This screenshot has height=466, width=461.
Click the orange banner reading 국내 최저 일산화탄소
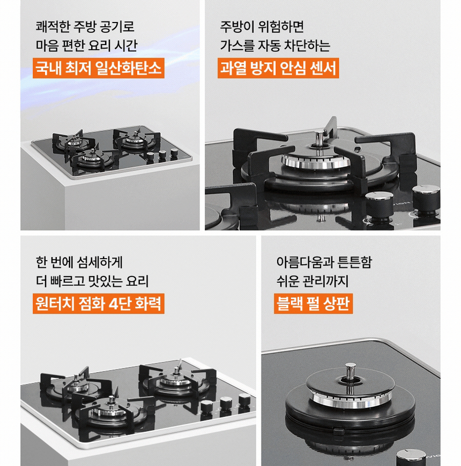click(99, 68)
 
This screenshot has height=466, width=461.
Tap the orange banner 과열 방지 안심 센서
click(278, 68)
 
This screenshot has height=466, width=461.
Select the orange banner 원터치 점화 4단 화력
click(99, 303)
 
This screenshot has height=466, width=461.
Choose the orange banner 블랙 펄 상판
click(313, 303)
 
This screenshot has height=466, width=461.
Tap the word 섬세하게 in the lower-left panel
click(100, 262)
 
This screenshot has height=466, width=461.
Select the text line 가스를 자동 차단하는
click(275, 46)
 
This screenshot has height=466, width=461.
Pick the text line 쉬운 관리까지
click(313, 281)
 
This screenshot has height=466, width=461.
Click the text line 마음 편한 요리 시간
click(86, 46)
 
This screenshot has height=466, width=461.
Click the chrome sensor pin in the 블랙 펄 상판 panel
click(351, 372)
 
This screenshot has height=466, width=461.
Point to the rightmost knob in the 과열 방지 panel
click(426, 199)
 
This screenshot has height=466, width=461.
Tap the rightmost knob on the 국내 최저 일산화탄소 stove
click(174, 153)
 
